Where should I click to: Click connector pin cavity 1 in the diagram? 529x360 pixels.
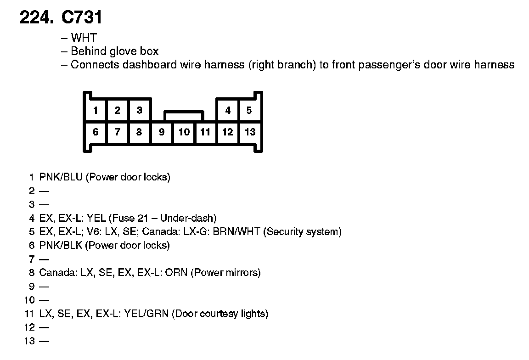pyautogui.click(x=96, y=110)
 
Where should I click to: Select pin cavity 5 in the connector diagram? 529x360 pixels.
pyautogui.click(x=249, y=110)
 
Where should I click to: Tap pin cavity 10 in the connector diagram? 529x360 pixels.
pyautogui.click(x=184, y=132)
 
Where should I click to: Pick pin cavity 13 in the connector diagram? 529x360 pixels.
pyautogui.click(x=250, y=132)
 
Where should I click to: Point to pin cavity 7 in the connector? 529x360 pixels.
pyautogui.click(x=118, y=132)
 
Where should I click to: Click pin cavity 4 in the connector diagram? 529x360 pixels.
pyautogui.click(x=228, y=110)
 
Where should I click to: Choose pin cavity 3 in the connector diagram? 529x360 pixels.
pyautogui.click(x=139, y=110)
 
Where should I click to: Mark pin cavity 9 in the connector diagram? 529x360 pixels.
pyautogui.click(x=162, y=132)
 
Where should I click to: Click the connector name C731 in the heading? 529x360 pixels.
pyautogui.click(x=81, y=17)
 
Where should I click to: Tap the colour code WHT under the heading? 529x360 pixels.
pyautogui.click(x=84, y=38)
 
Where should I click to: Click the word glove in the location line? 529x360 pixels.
pyautogui.click(x=123, y=51)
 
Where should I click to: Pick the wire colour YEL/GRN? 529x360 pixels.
pyautogui.click(x=148, y=314)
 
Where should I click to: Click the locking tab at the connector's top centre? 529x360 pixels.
pyautogui.click(x=184, y=114)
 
